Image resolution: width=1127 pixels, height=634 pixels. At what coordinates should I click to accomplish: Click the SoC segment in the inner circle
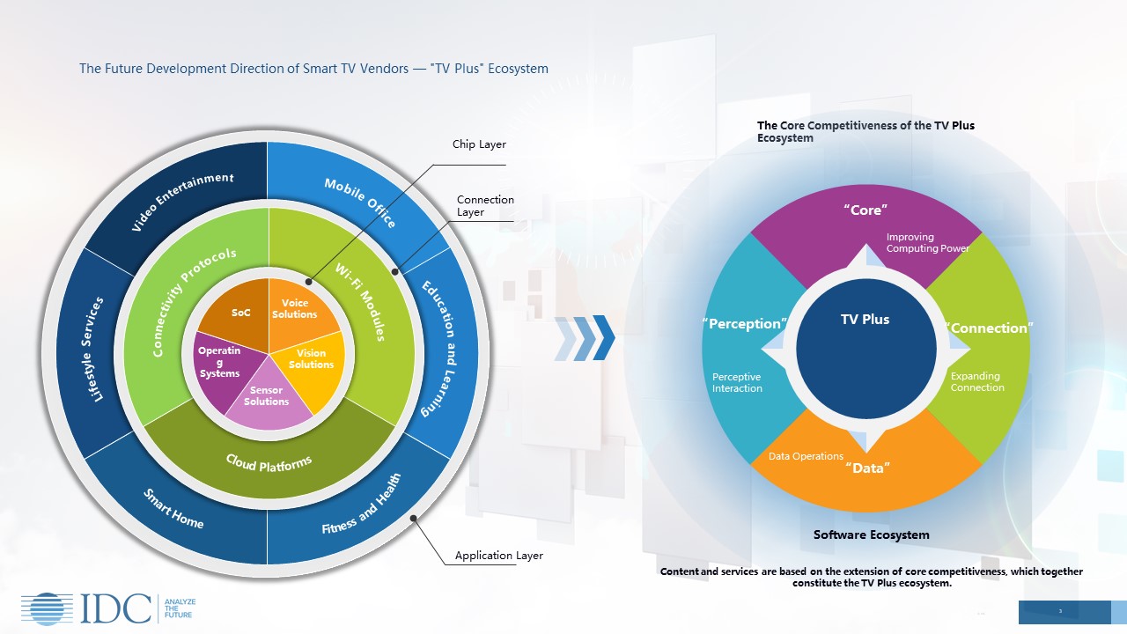coord(240,313)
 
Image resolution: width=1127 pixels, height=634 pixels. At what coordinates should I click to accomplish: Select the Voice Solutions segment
coord(295,310)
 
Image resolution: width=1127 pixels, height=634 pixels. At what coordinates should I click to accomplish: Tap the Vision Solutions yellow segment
coord(311,360)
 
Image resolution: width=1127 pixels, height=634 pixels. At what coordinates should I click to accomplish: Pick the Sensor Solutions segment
coord(267,397)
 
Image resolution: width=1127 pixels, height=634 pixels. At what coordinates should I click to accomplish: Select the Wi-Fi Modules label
coord(358,302)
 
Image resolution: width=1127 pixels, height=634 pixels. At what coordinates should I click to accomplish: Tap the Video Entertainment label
coord(182,203)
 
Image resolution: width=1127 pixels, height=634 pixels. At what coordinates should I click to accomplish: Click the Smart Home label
coord(173,509)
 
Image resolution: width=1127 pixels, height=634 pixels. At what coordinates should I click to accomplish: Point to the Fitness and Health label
coord(361,505)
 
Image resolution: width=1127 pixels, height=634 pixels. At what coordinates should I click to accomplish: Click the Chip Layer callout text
coord(479,144)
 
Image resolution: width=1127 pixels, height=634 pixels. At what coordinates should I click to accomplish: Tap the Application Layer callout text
coord(498,556)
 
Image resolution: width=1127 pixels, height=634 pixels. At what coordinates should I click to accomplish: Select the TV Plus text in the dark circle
coord(865,320)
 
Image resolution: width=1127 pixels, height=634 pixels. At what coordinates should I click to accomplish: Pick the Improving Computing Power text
coord(927,243)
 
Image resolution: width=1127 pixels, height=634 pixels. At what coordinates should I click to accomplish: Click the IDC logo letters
coord(116,608)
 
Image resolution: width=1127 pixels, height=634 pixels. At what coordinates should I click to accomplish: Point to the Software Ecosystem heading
coord(871,534)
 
